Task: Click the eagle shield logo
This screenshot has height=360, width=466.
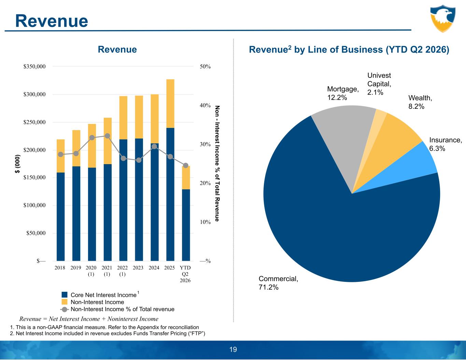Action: [443, 18]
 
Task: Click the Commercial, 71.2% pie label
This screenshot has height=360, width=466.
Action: [278, 283]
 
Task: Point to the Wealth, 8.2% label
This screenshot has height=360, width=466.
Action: [420, 102]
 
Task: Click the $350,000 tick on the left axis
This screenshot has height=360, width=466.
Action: [34, 67]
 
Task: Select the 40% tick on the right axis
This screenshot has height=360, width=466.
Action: [205, 105]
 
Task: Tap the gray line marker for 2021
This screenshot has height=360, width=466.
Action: [108, 136]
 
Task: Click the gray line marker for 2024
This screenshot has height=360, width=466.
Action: [154, 147]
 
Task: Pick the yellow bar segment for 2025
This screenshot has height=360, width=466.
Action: [170, 103]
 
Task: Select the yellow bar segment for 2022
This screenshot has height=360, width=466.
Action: [123, 118]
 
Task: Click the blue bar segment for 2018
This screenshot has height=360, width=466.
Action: [61, 217]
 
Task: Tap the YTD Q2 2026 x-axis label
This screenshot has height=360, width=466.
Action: [185, 274]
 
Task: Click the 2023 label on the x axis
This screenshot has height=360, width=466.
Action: [138, 268]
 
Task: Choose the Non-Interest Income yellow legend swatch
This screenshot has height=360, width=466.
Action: [64, 302]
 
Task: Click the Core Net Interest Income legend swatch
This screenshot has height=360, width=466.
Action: [64, 294]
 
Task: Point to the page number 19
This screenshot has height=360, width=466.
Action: [233, 350]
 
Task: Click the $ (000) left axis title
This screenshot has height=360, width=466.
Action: [18, 164]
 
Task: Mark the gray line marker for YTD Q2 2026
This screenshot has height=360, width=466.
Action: [186, 165]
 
